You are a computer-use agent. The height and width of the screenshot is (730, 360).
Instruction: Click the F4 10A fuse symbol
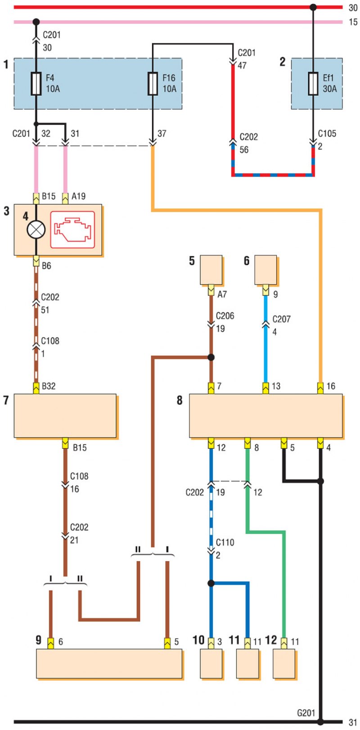pos(36,84)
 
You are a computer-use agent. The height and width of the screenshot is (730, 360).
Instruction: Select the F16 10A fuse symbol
pos(153,84)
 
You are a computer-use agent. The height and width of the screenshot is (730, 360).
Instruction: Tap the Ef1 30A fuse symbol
pos(313,84)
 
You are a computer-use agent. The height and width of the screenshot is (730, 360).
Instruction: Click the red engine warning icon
pos(72,230)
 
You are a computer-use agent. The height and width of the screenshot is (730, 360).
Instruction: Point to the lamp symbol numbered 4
pos(36,230)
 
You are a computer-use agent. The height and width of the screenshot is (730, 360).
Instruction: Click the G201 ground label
pos(306,713)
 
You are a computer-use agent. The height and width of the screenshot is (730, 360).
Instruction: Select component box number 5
pos(211,270)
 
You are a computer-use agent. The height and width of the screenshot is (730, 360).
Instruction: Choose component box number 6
pos(265,270)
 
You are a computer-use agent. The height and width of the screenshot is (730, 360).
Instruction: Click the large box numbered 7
pos(65,416)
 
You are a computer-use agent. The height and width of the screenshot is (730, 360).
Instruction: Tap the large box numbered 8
pos(266,416)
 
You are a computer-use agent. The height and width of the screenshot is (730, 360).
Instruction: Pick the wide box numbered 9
pos(109,664)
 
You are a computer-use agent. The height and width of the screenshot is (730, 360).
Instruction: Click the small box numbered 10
pos(211,664)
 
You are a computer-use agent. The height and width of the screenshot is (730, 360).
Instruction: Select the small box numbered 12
pos(284,664)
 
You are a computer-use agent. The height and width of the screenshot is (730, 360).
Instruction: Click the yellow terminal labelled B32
pos(36,388)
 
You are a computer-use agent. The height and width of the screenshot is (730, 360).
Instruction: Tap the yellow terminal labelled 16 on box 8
pos(320,388)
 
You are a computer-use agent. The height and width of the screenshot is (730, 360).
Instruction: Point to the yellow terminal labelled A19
pos(65,198)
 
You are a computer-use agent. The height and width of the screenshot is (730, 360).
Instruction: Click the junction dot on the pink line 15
pos(36,22)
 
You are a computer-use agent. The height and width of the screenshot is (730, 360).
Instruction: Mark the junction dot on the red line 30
pos(313,7)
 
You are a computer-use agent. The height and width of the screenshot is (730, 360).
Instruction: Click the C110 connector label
pos(225,542)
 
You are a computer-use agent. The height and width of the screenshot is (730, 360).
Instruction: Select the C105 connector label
pos(327,134)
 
